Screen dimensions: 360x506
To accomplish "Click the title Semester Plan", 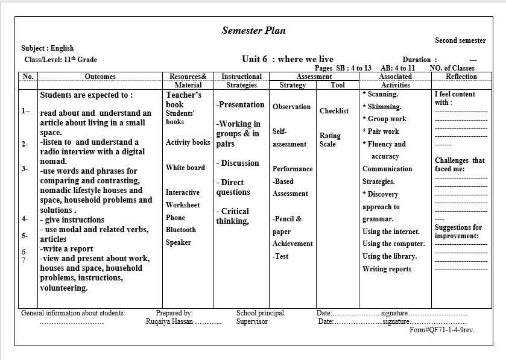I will click(x=253, y=30).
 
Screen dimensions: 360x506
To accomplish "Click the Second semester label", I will click(x=460, y=40).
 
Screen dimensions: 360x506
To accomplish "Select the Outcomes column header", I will click(x=100, y=77).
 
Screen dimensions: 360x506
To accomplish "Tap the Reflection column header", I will click(x=461, y=77).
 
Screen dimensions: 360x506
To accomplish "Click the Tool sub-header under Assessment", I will click(x=338, y=85).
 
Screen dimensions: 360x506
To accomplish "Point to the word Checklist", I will click(x=334, y=111).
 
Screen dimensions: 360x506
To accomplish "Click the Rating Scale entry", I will click(x=330, y=140).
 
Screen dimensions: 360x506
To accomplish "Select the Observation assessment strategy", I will click(x=291, y=107).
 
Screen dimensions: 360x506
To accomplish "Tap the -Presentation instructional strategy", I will click(x=240, y=104).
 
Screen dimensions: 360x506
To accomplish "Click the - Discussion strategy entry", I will click(x=238, y=163).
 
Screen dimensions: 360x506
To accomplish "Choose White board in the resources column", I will click(x=185, y=168).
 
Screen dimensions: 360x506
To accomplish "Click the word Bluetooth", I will click(x=181, y=230).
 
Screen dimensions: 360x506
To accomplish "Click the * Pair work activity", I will click(x=381, y=131).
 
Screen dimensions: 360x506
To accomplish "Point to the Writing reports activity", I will click(x=387, y=269).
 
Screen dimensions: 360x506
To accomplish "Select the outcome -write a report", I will click(x=67, y=248).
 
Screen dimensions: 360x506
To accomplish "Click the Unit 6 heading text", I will click(x=287, y=59).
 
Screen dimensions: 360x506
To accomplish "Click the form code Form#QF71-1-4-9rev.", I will click(x=442, y=330).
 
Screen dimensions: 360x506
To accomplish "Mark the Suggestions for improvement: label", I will click(x=458, y=232).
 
